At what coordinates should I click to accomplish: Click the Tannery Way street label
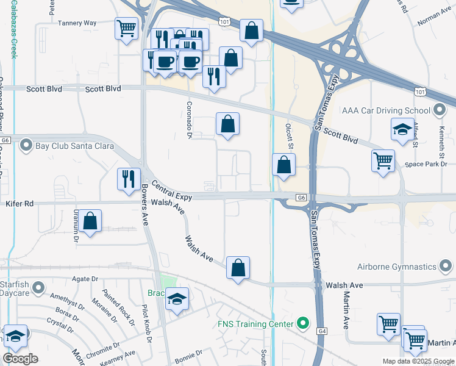(77, 23)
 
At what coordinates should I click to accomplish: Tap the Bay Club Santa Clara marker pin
(26, 145)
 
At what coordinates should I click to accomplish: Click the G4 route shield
(321, 331)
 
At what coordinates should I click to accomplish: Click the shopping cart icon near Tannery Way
(126, 28)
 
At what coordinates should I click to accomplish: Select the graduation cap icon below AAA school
(402, 130)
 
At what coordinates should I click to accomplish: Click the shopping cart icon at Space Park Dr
(383, 162)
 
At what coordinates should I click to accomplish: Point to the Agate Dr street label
(85, 278)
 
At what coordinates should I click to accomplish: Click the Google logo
(21, 359)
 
